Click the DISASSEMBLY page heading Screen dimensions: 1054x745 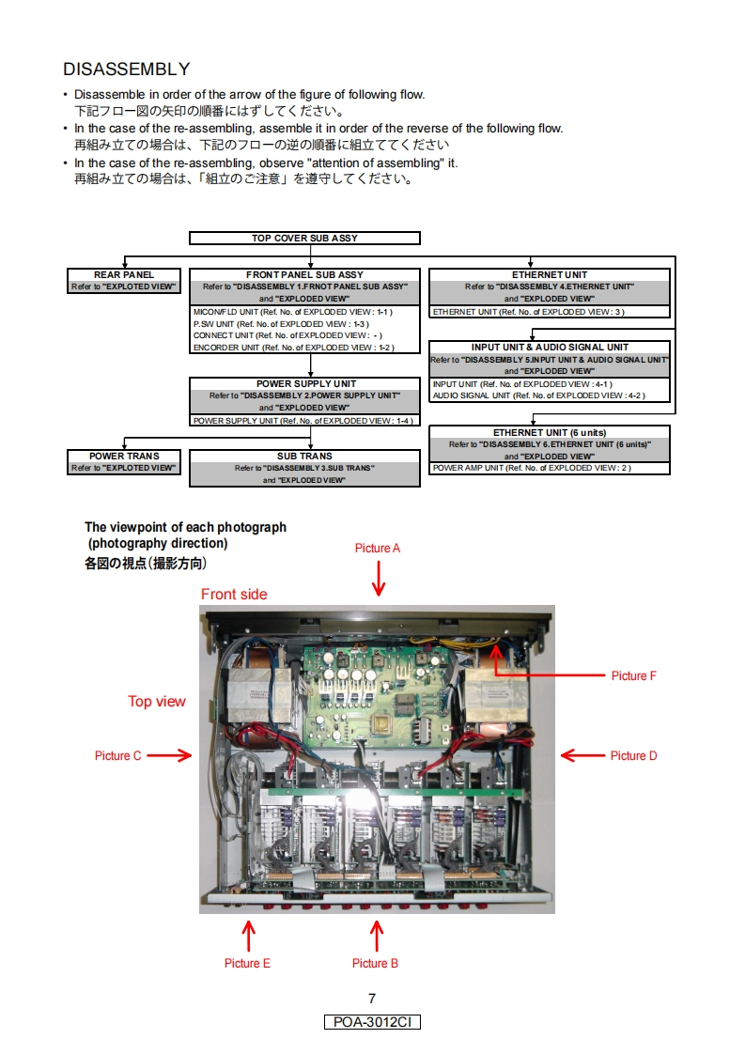coord(126,70)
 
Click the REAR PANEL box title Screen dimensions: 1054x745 coord(125,275)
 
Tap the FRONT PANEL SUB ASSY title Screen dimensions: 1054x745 coord(304,275)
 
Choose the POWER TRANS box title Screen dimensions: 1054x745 coord(124,457)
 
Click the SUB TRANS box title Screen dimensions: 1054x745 coord(304,457)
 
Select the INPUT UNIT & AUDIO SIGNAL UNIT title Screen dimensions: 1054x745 coord(550,348)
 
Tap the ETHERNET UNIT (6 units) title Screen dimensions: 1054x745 coord(550,432)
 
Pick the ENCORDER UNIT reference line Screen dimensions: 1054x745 coord(293,348)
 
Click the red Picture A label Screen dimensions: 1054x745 coord(378,549)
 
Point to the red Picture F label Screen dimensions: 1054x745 coord(634,675)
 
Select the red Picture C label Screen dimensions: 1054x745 coord(118,755)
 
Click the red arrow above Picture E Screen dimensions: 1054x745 coord(249,936)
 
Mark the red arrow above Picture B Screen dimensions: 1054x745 coord(377,936)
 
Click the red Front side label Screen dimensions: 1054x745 coord(234,594)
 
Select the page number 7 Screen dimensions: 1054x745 coord(372,999)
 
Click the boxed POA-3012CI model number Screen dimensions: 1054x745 coord(372,1022)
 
